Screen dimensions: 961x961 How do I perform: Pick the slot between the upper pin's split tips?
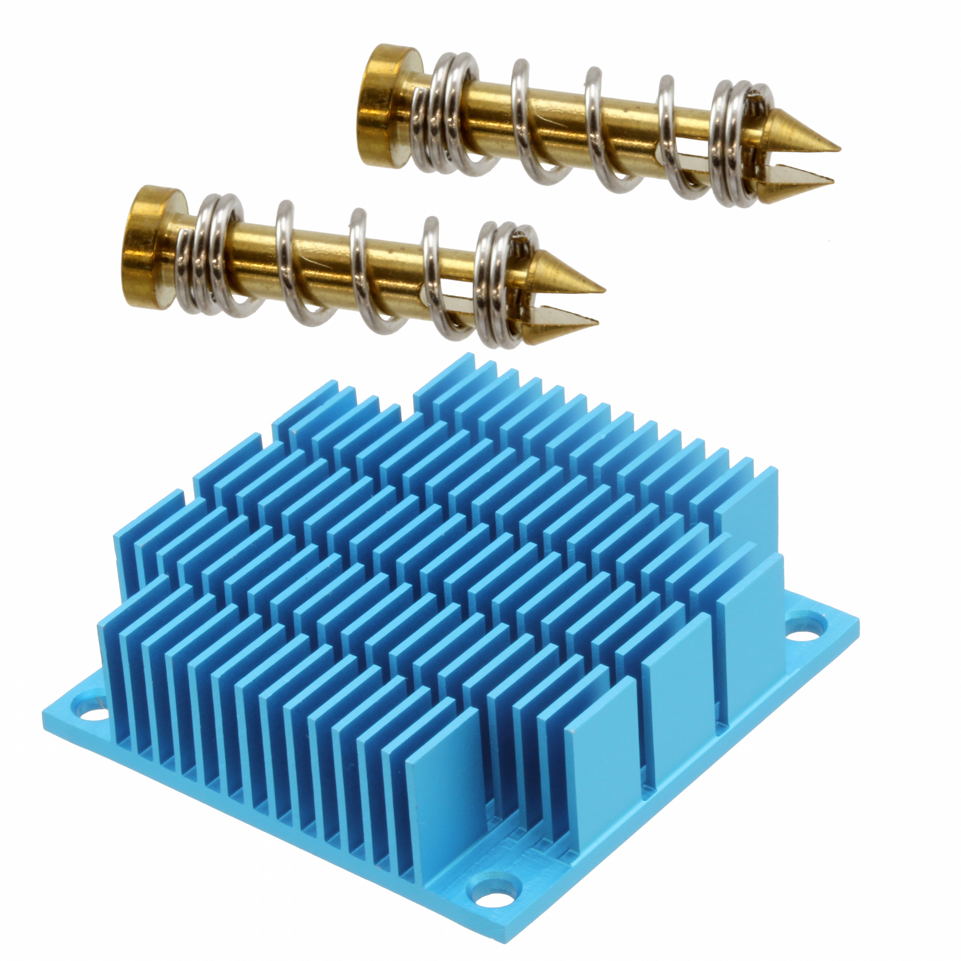[791, 164]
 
